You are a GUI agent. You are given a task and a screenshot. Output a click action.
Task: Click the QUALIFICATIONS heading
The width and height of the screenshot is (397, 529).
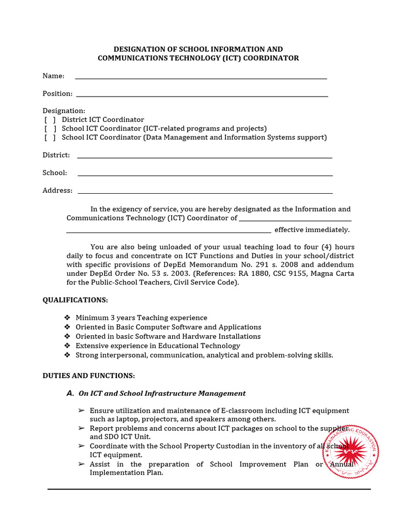click(75, 300)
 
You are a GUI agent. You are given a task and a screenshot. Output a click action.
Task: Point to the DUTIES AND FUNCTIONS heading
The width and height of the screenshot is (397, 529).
click(88, 376)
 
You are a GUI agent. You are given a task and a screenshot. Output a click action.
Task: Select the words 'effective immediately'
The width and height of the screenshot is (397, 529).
click(312, 230)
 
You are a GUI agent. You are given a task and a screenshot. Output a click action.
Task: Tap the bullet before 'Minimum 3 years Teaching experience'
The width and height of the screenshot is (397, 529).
click(67, 318)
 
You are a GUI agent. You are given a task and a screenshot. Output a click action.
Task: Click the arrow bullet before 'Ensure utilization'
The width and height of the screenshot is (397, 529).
click(81, 411)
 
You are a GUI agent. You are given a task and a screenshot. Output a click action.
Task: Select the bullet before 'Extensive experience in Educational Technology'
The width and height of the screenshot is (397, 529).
click(67, 346)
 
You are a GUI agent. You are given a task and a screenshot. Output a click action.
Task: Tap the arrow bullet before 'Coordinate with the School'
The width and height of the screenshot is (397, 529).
click(81, 446)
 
